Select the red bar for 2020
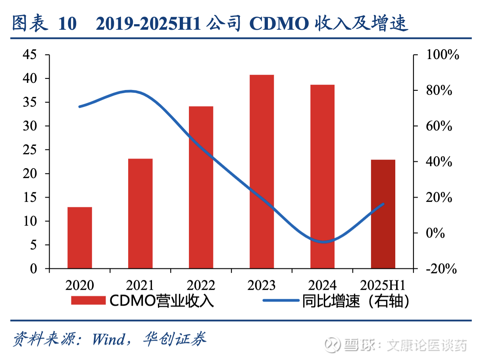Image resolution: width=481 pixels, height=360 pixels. coord(80,237)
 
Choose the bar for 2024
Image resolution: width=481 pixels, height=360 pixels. coord(322,176)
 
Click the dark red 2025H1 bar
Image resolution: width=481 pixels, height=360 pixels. coord(383,214)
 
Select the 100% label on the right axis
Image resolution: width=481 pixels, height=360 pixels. coord(442,55)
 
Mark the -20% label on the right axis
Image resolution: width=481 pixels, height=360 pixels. coord(441,269)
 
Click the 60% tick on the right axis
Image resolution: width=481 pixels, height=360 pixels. coord(438,126)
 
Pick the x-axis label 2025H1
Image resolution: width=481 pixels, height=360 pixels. coord(383,285)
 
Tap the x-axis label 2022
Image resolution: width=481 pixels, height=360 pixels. coord(201,285)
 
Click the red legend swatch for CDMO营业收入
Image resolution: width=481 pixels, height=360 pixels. coord(88,301)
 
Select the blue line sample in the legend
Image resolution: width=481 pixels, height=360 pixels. coord(281,301)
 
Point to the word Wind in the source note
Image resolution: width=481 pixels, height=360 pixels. coord(108,339)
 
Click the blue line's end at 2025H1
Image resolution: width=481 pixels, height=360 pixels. coord(383,204)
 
